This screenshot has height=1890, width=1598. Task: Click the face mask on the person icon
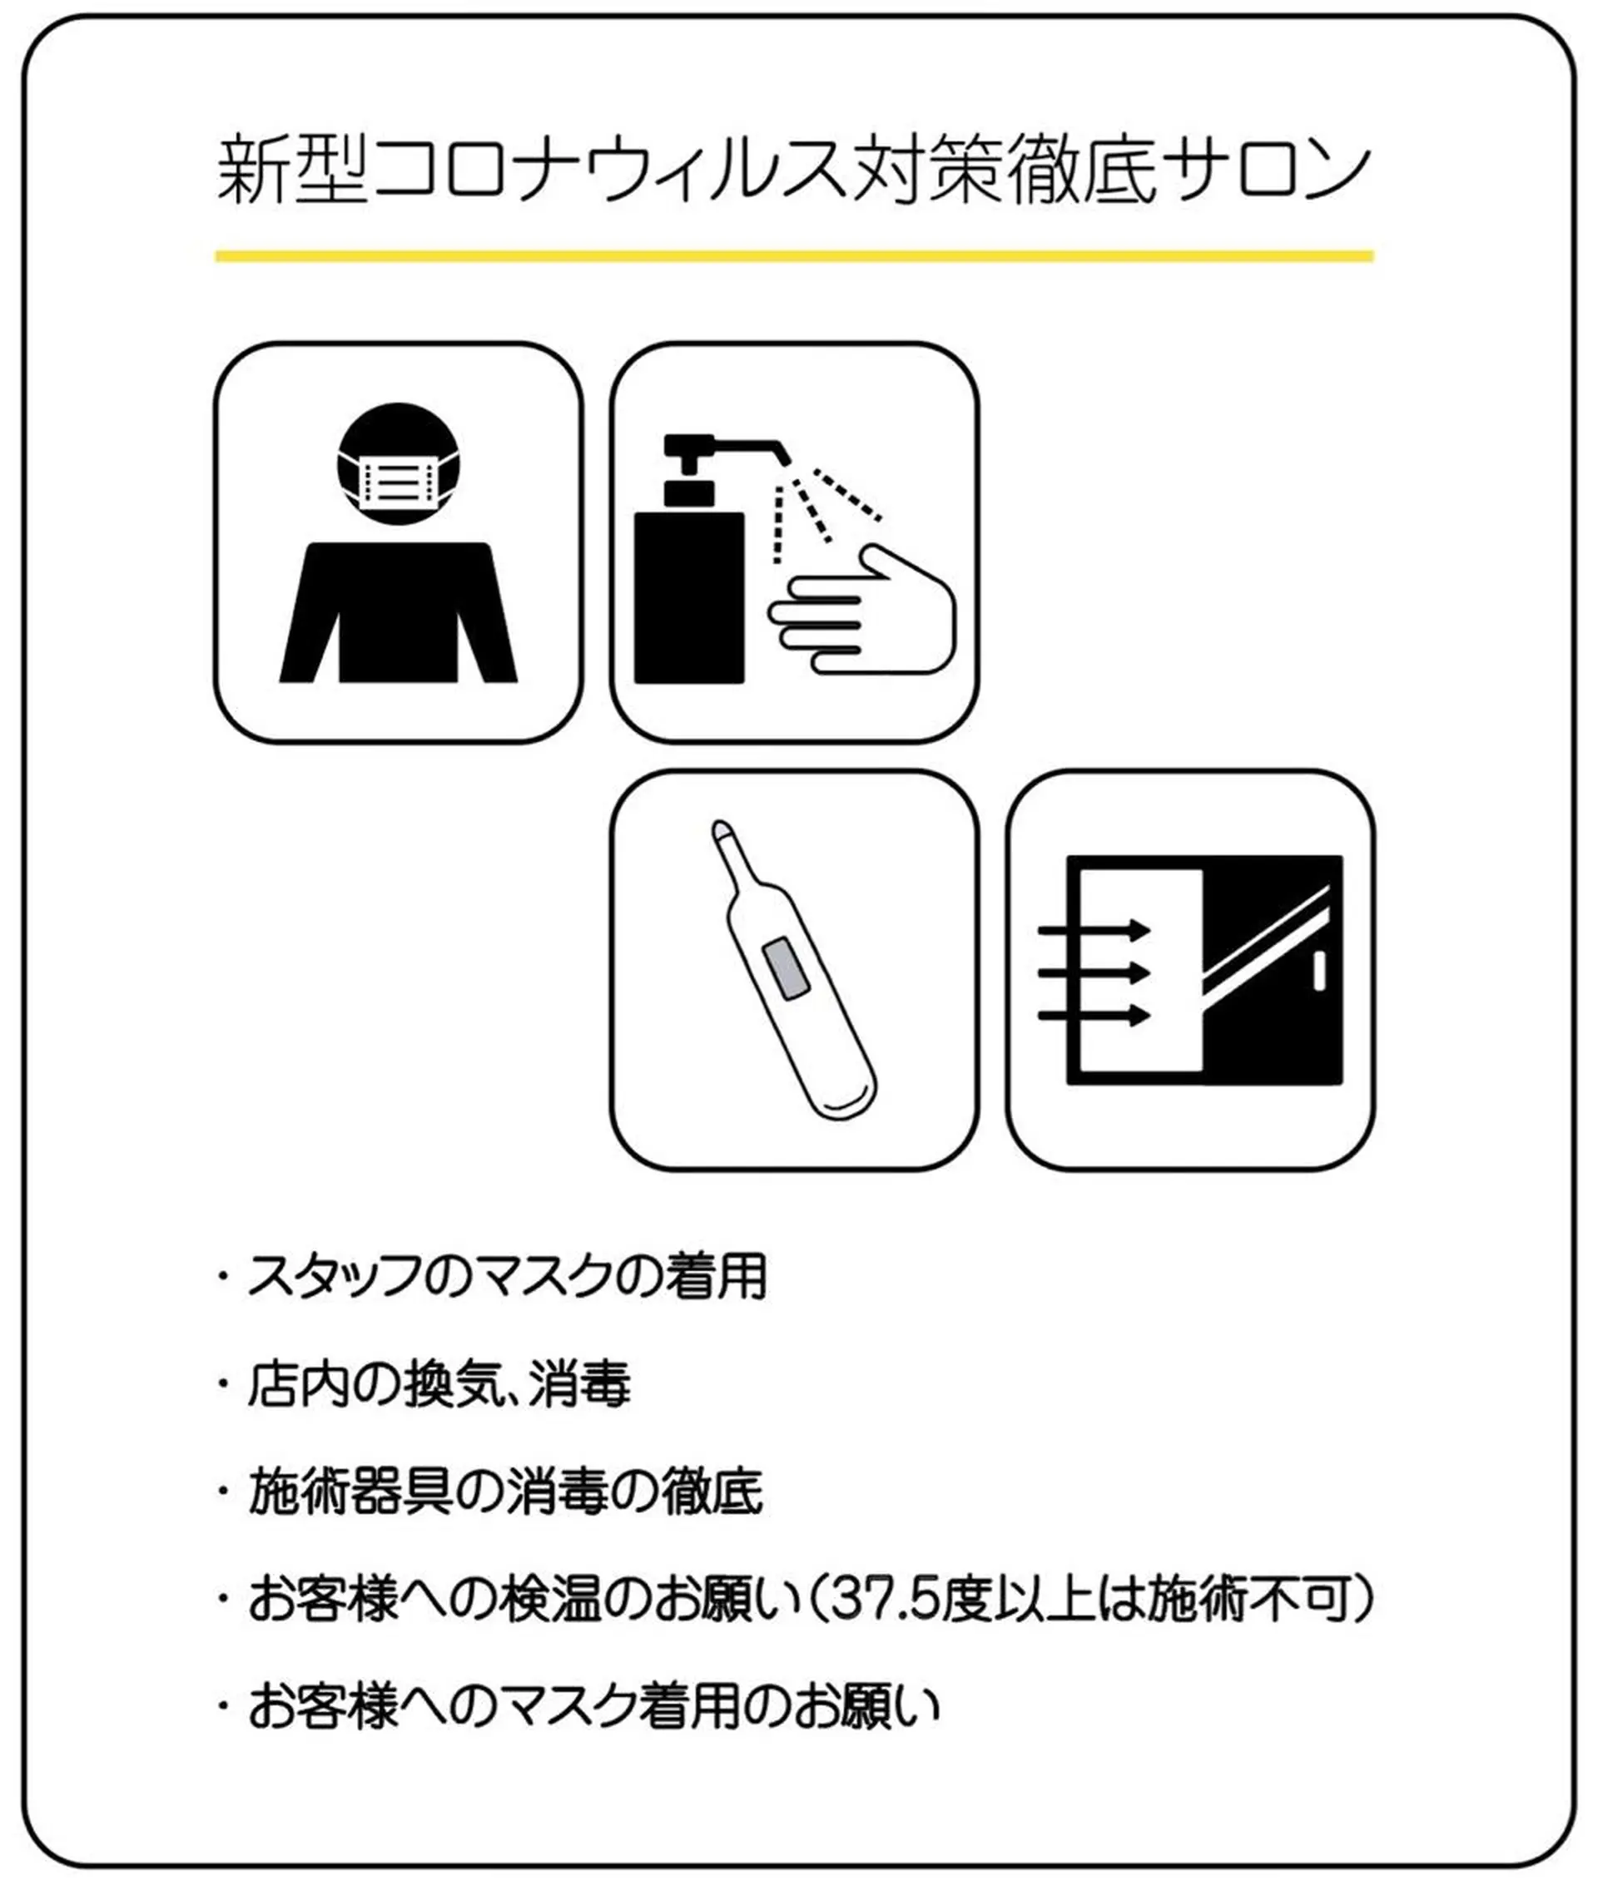(x=399, y=482)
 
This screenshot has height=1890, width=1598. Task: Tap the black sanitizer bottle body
(x=689, y=598)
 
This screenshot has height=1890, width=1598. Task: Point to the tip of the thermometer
(x=721, y=827)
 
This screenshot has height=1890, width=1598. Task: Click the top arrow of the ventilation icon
(x=1094, y=929)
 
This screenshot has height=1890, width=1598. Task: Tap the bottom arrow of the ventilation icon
(x=1094, y=1015)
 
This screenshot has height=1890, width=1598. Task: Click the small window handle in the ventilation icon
(x=1318, y=970)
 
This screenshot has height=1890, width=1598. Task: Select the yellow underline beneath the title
(x=795, y=256)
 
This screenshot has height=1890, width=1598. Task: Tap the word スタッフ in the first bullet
(x=335, y=1276)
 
